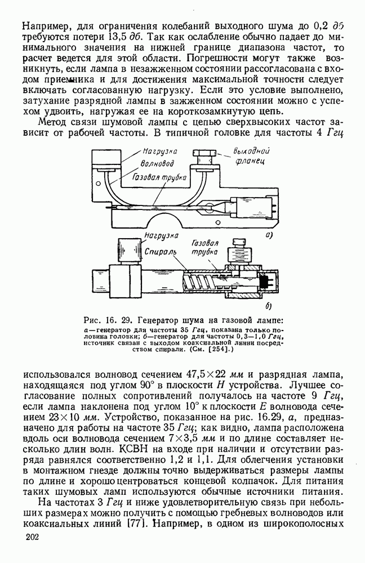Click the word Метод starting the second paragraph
pos(55,123)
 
